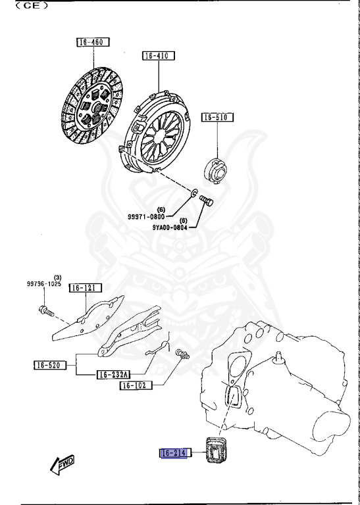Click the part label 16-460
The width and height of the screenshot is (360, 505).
[92, 43]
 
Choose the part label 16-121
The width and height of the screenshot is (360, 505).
[84, 287]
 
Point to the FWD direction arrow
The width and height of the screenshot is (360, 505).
[62, 464]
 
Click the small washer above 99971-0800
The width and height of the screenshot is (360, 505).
[193, 193]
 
